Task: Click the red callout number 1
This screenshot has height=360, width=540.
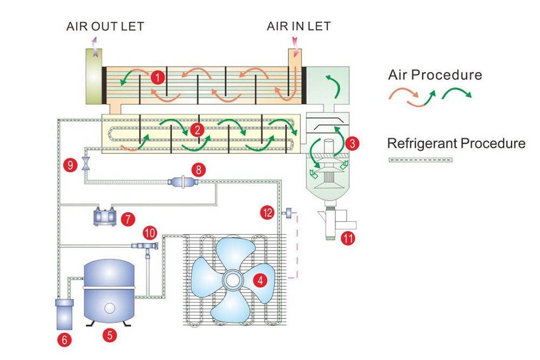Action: pyautogui.click(x=157, y=78)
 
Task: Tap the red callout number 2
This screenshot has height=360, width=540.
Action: pyautogui.click(x=198, y=130)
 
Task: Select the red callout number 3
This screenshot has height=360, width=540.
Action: pyautogui.click(x=353, y=144)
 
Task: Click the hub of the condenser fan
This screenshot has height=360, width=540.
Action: pyautogui.click(x=234, y=280)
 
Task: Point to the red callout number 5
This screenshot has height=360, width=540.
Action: pyautogui.click(x=110, y=335)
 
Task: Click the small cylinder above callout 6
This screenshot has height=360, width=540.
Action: pyautogui.click(x=64, y=314)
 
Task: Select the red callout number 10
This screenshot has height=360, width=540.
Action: pyautogui.click(x=150, y=233)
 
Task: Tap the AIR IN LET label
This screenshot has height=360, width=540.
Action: pyautogui.click(x=299, y=26)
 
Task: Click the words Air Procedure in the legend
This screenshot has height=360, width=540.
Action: pyautogui.click(x=435, y=74)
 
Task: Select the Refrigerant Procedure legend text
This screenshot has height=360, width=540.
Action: pyautogui.click(x=456, y=144)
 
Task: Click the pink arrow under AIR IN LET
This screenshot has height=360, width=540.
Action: pyautogui.click(x=296, y=41)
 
